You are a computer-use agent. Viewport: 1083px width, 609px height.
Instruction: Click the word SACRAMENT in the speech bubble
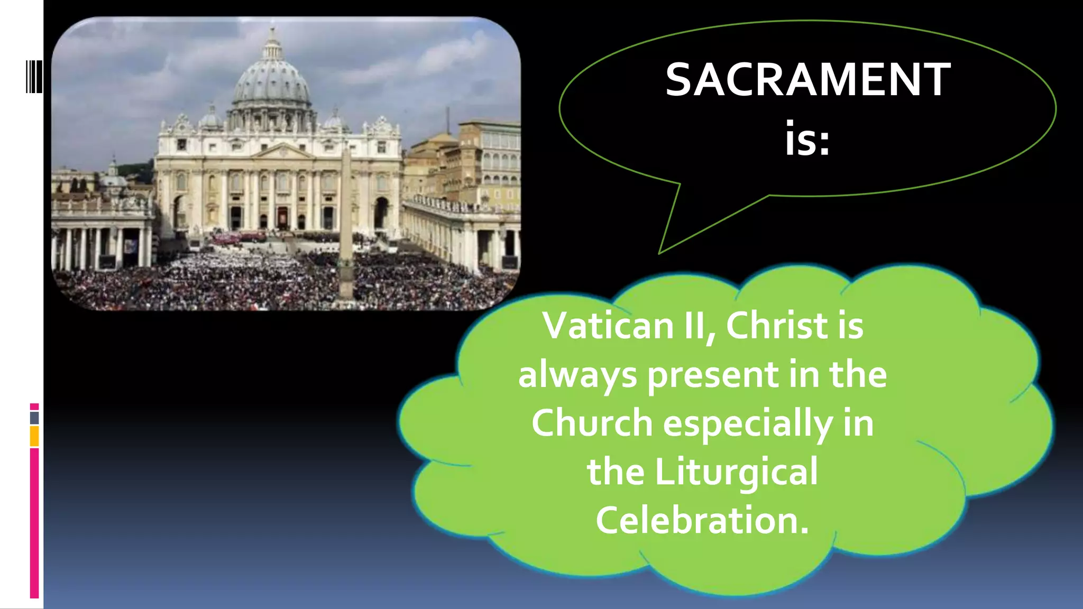point(807,80)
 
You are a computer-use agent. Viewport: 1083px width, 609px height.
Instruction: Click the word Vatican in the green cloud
point(608,326)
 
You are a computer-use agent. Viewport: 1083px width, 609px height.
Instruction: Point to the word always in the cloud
point(577,375)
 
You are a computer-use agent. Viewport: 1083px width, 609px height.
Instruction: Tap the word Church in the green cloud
point(592,423)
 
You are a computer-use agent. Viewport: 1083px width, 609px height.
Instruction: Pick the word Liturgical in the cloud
point(736,472)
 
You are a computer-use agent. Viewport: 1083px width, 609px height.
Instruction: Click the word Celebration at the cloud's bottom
point(702,520)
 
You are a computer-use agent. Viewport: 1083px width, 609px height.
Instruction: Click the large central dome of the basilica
point(272,79)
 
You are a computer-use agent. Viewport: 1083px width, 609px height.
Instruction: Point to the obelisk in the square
point(346,222)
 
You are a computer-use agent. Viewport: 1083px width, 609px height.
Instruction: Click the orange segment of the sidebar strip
point(34,436)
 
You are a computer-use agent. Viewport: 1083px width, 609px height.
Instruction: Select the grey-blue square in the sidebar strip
point(34,418)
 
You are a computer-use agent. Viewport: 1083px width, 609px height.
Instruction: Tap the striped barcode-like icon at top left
point(34,77)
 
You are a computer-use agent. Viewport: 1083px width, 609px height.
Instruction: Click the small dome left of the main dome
point(210,119)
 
